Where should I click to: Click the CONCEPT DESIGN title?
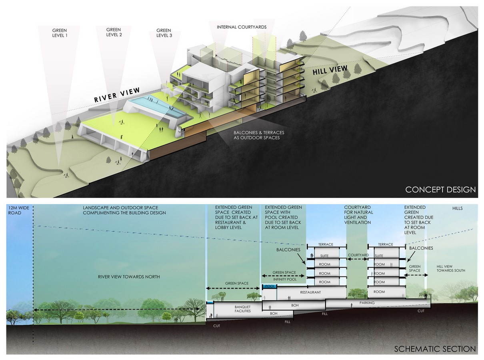click(440, 190)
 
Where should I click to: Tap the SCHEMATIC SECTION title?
click(435, 349)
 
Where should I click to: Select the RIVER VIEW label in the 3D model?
click(117, 95)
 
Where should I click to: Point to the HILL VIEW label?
click(330, 70)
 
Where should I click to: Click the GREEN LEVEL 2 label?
click(114, 32)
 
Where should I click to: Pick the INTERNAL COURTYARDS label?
click(242, 27)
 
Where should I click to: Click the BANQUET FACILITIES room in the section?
click(242, 309)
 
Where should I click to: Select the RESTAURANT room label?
click(310, 292)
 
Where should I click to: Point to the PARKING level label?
click(367, 303)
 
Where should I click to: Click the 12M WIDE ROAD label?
click(18, 210)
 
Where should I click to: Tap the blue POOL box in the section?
click(270, 286)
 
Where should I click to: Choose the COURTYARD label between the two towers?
click(358, 255)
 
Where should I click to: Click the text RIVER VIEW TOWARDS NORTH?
click(129, 277)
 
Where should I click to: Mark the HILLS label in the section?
click(457, 208)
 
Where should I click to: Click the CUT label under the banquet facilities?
click(216, 326)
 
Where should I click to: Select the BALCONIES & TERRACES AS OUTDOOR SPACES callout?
click(259, 135)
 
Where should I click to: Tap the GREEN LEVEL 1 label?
click(60, 33)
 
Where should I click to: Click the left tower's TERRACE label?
click(326, 244)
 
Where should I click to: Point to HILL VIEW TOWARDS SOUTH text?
click(451, 268)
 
